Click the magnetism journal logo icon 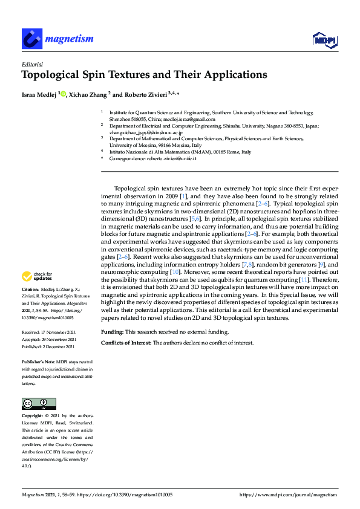point(31,39)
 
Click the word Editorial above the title point(31,63)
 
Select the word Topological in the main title point(53,76)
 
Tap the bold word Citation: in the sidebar point(31,290)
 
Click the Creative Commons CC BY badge point(39,403)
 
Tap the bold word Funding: point(113,332)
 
